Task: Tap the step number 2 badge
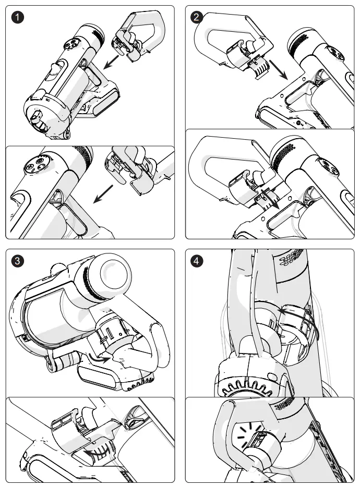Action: [197, 17]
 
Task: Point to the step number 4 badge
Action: [197, 261]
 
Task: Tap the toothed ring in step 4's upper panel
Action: [248, 389]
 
